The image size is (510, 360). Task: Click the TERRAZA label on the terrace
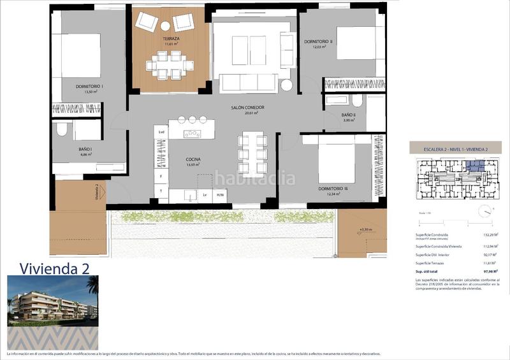tap(170, 39)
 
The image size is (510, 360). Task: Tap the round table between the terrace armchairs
tap(165, 26)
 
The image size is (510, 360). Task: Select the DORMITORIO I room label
tap(89, 87)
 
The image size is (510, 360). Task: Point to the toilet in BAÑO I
tap(61, 130)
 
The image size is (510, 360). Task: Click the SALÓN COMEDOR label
tap(247, 108)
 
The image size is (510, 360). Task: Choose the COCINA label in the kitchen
tap(193, 159)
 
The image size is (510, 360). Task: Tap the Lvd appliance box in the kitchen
tap(161, 133)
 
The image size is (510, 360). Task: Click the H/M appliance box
tap(220, 195)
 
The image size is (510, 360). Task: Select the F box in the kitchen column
tap(161, 176)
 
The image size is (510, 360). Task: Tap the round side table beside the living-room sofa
tap(286, 85)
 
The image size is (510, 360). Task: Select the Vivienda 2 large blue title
tap(54, 268)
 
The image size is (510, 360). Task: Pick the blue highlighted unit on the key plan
tap(475, 166)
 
